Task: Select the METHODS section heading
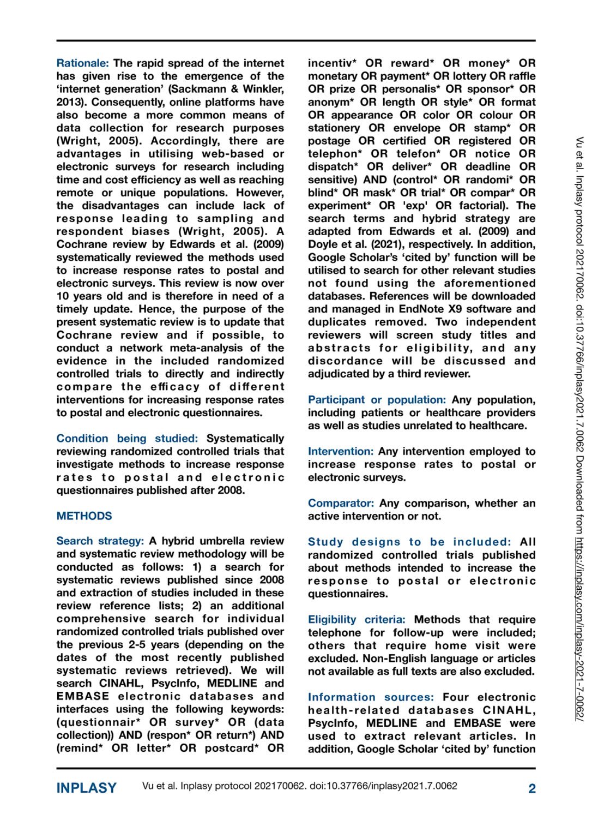84,516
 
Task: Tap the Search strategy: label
100,541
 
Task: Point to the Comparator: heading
341,503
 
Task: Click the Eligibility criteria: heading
357,620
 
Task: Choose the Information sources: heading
371,697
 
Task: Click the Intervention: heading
341,451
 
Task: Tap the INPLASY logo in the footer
87,788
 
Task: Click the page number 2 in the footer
532,788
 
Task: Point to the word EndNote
422,309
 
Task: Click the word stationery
334,128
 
